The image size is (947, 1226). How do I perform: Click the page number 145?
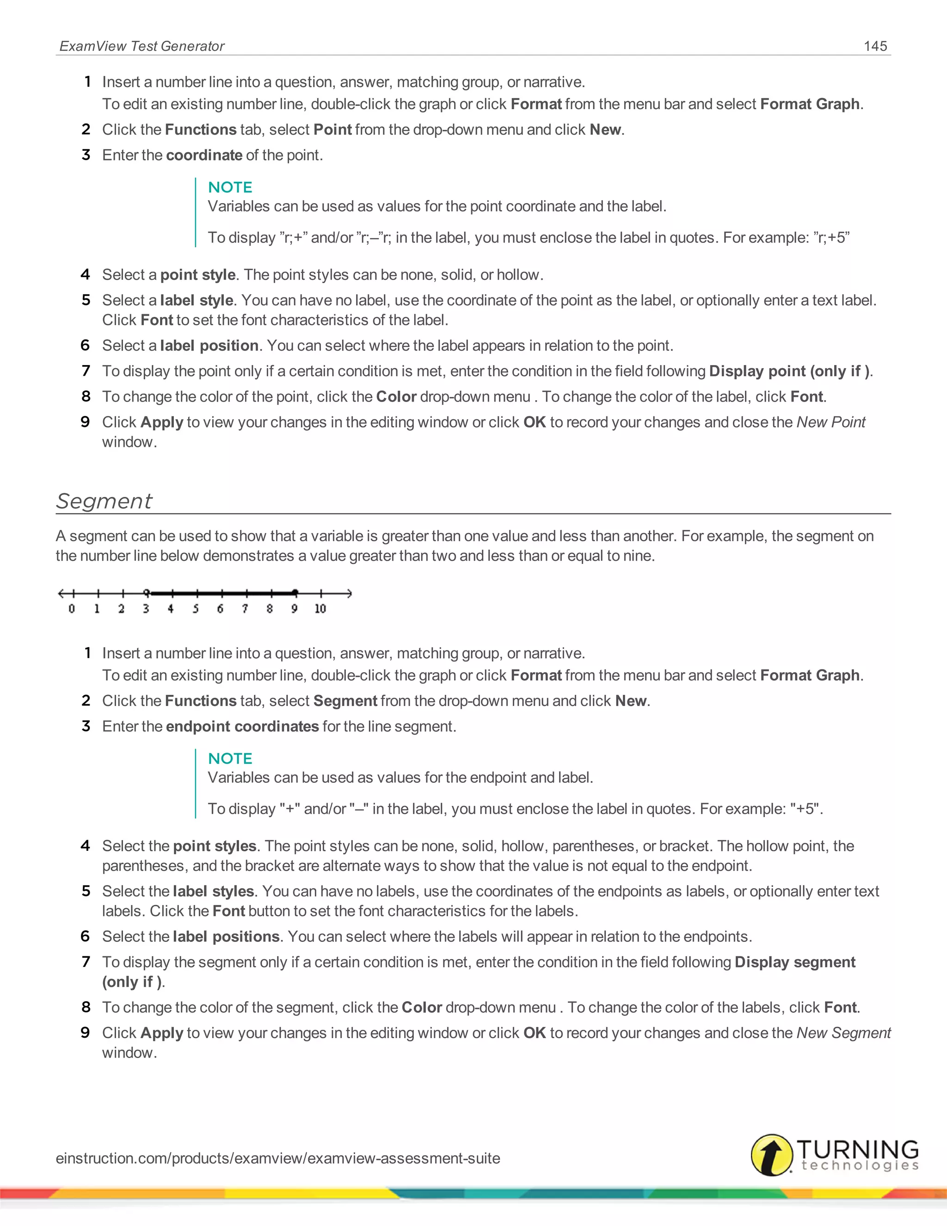point(875,46)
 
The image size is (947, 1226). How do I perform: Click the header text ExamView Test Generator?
point(141,46)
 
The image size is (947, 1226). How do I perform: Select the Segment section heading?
point(105,501)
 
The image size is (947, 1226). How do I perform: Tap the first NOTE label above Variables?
point(230,187)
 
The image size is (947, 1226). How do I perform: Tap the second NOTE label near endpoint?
point(230,758)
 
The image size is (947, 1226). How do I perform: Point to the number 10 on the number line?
point(320,608)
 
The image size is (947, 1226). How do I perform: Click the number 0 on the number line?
point(72,608)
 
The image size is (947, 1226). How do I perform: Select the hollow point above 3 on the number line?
point(147,592)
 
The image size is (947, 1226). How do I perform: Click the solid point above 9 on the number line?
point(295,592)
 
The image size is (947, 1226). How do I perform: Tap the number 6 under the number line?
point(220,608)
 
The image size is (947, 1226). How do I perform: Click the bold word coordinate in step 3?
point(204,155)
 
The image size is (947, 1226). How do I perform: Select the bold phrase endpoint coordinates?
point(242,726)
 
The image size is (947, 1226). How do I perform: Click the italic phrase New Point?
point(831,422)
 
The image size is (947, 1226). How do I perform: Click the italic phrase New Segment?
point(844,1033)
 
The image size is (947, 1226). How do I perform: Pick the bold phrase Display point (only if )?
point(789,371)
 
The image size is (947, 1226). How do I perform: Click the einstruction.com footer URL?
point(278,1158)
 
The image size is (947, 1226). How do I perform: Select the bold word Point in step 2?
point(332,130)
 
